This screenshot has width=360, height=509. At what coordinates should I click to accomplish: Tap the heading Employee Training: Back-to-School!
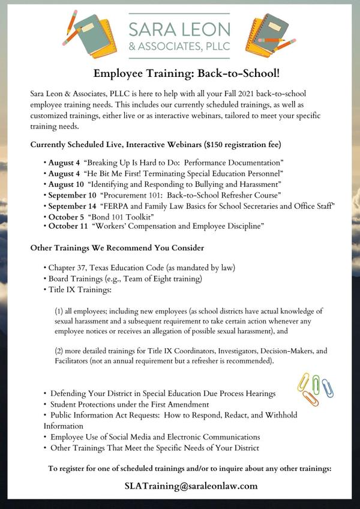coord(179,73)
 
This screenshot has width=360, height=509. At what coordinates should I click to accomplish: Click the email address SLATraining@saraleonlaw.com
coord(191,486)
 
